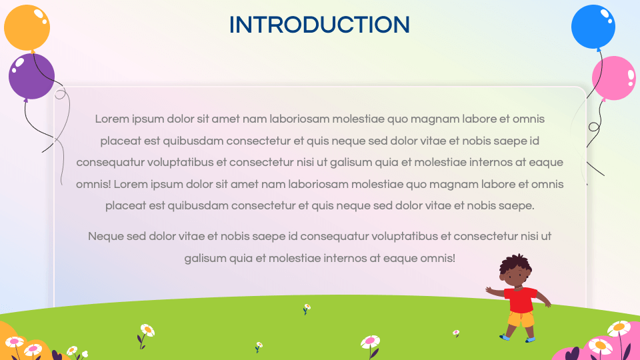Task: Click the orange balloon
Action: (27, 28)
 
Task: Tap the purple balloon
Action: (31, 75)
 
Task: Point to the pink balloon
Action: (613, 78)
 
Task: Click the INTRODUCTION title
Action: (319, 25)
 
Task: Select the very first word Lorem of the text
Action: (111, 119)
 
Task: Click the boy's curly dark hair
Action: (516, 262)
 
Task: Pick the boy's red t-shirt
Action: (520, 299)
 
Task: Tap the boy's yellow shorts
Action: (521, 319)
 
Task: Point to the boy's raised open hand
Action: (489, 291)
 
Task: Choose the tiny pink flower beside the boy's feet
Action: (456, 332)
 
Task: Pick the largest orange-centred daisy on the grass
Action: (147, 330)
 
